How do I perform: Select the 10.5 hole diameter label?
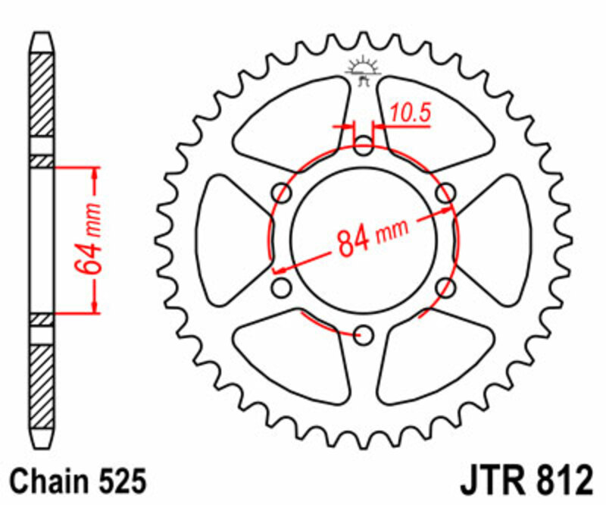411,114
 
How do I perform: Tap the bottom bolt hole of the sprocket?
364,334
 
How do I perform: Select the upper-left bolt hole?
283,192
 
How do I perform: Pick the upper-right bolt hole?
446,192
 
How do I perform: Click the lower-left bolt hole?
283,287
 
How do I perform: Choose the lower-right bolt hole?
446,287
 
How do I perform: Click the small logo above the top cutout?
363,69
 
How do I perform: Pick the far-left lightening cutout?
227,239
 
